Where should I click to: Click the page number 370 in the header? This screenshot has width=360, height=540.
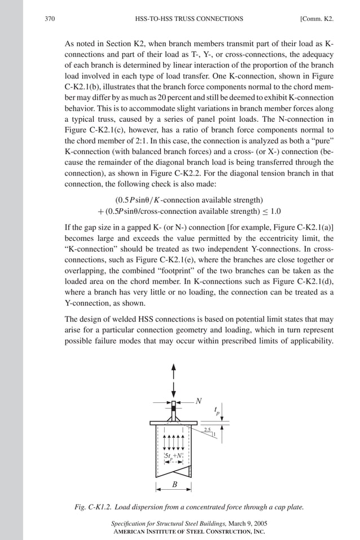[49, 19]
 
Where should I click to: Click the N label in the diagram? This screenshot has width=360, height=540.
[198, 401]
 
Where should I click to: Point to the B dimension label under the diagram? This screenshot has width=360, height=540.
[174, 484]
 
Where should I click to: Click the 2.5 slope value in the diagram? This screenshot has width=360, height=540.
[208, 430]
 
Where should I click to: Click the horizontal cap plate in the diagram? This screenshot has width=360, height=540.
[174, 423]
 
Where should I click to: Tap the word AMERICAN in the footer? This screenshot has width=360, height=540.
[130, 531]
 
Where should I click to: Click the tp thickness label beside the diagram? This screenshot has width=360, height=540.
[218, 411]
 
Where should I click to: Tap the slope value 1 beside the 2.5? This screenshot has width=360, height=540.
[214, 433]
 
